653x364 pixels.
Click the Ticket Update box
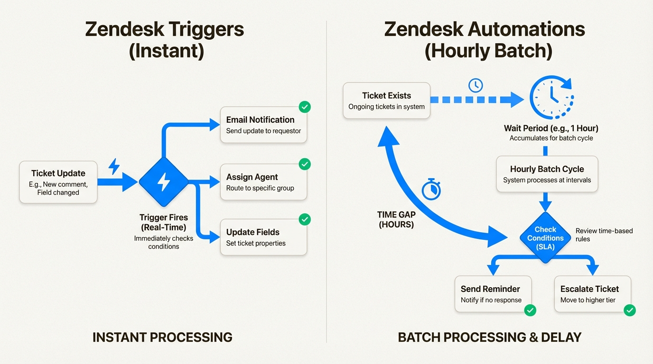point(58,182)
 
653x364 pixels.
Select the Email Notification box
point(263,125)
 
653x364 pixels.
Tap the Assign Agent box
point(263,182)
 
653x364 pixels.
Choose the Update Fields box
point(263,237)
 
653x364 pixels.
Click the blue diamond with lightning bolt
point(164,182)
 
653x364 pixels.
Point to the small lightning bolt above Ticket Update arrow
point(114,166)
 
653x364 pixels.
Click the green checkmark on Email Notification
point(305,107)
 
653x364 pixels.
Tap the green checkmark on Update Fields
point(305,219)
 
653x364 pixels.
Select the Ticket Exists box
point(386,100)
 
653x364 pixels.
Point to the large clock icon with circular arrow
point(551,97)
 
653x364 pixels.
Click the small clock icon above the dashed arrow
point(475,85)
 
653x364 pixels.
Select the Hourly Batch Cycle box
point(547,174)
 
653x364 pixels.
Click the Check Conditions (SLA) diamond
point(545,238)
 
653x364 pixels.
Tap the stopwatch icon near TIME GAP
point(431,190)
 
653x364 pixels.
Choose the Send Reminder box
point(493,294)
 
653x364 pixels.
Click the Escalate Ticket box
point(592,294)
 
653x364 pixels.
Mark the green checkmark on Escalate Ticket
point(629,310)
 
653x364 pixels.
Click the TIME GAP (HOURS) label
point(396,219)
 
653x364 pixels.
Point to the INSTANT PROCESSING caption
point(162,337)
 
